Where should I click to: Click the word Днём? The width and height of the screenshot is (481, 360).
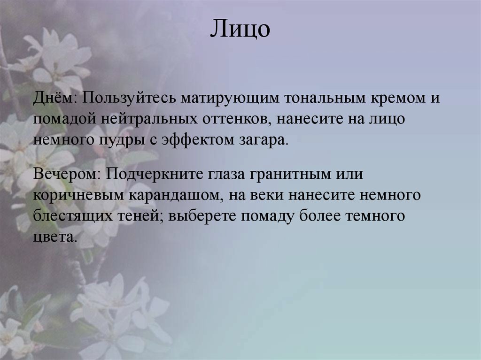point(55,98)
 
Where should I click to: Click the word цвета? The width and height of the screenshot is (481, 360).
point(54,237)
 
